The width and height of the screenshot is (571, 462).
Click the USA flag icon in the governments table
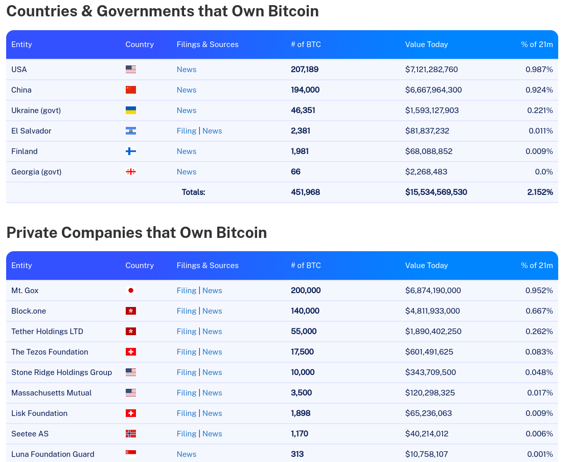(131, 69)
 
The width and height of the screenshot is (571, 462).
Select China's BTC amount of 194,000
(305, 90)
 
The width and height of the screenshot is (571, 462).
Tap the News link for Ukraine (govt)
(187, 111)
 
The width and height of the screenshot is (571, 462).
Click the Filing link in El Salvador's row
(187, 131)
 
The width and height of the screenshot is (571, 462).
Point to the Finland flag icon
(131, 151)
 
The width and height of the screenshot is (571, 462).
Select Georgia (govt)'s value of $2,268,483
(426, 171)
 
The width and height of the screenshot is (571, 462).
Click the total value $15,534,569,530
(436, 192)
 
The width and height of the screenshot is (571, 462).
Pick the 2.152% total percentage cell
(540, 192)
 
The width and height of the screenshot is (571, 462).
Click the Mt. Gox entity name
(25, 291)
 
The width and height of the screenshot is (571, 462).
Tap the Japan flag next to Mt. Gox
(131, 291)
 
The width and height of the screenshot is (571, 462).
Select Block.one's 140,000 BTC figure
(305, 311)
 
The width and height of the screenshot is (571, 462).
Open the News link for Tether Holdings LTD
(212, 331)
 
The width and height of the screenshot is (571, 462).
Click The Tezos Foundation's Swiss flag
(131, 351)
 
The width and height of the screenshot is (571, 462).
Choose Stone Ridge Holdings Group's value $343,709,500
(430, 372)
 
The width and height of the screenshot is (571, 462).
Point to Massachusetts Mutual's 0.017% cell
(540, 393)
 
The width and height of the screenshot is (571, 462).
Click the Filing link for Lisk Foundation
(187, 413)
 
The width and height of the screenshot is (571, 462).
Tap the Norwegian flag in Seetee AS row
(131, 433)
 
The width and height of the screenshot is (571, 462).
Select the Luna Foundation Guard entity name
(53, 454)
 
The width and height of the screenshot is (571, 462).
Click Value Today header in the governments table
(426, 45)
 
